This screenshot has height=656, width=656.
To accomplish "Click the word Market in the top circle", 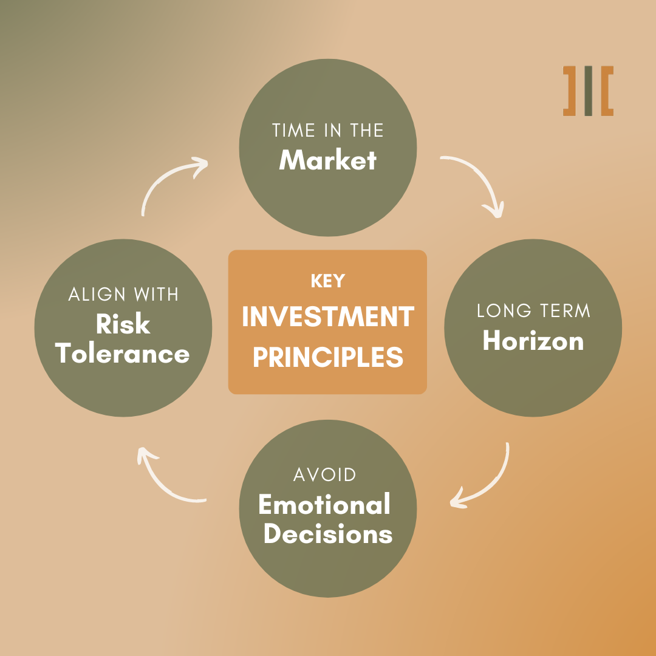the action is (x=327, y=160).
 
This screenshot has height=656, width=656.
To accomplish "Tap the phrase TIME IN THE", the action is (x=327, y=130).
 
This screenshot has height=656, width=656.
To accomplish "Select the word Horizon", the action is (x=533, y=341).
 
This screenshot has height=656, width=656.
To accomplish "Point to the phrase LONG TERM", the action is (x=533, y=310).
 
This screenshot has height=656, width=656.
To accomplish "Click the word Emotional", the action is (x=324, y=504).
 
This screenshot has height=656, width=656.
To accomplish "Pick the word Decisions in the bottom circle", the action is (x=328, y=533).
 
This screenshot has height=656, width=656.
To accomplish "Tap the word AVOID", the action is (x=324, y=474).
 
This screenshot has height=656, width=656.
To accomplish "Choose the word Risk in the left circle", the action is (x=123, y=324).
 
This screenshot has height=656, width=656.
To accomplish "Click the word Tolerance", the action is (x=122, y=354).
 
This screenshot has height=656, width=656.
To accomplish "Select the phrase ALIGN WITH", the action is (x=123, y=294).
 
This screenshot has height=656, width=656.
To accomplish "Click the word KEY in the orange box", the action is (x=328, y=281).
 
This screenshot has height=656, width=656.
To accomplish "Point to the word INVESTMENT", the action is (x=328, y=316).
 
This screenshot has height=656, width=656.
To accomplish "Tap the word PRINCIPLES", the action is (x=328, y=357).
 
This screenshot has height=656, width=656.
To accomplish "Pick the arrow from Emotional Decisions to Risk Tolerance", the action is (x=159, y=485).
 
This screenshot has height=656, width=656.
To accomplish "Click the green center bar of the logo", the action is (x=588, y=91).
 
